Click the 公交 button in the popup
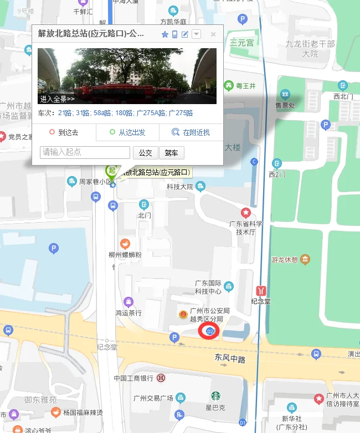(x=145, y=153)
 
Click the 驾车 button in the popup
(x=172, y=153)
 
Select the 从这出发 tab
(x=128, y=132)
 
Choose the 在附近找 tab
(x=191, y=132)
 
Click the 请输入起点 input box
(x=85, y=152)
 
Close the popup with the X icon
(x=213, y=34)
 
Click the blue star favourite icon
(x=164, y=34)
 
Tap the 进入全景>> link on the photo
(x=58, y=99)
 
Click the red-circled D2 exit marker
(x=209, y=331)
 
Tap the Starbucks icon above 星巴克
(x=215, y=396)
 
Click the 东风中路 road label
(x=230, y=358)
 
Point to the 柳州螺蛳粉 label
(x=125, y=255)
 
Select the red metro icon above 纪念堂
(x=260, y=291)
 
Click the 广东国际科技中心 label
(x=208, y=287)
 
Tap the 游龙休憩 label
(x=285, y=259)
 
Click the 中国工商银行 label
(x=133, y=378)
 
